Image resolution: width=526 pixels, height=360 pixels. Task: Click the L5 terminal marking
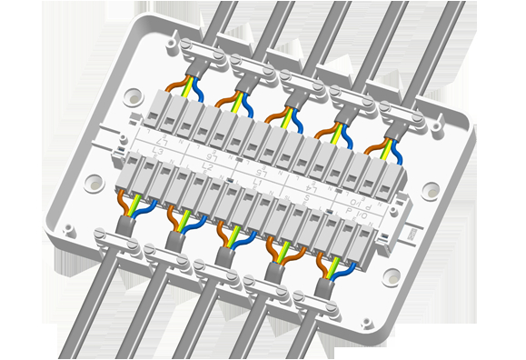click(263, 169)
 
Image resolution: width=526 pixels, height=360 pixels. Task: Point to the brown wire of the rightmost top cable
click(373, 145)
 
